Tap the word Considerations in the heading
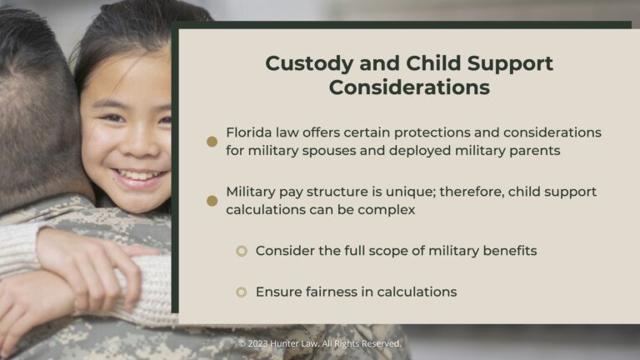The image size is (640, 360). coord(409,87)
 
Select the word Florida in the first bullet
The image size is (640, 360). coord(251,132)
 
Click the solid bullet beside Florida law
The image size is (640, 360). coord(212,142)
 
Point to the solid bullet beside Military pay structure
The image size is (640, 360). coord(212,201)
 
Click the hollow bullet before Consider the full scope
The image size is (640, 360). coord(242,251)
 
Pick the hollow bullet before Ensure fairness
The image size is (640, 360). coord(242,292)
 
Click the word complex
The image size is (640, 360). coord(388,209)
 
